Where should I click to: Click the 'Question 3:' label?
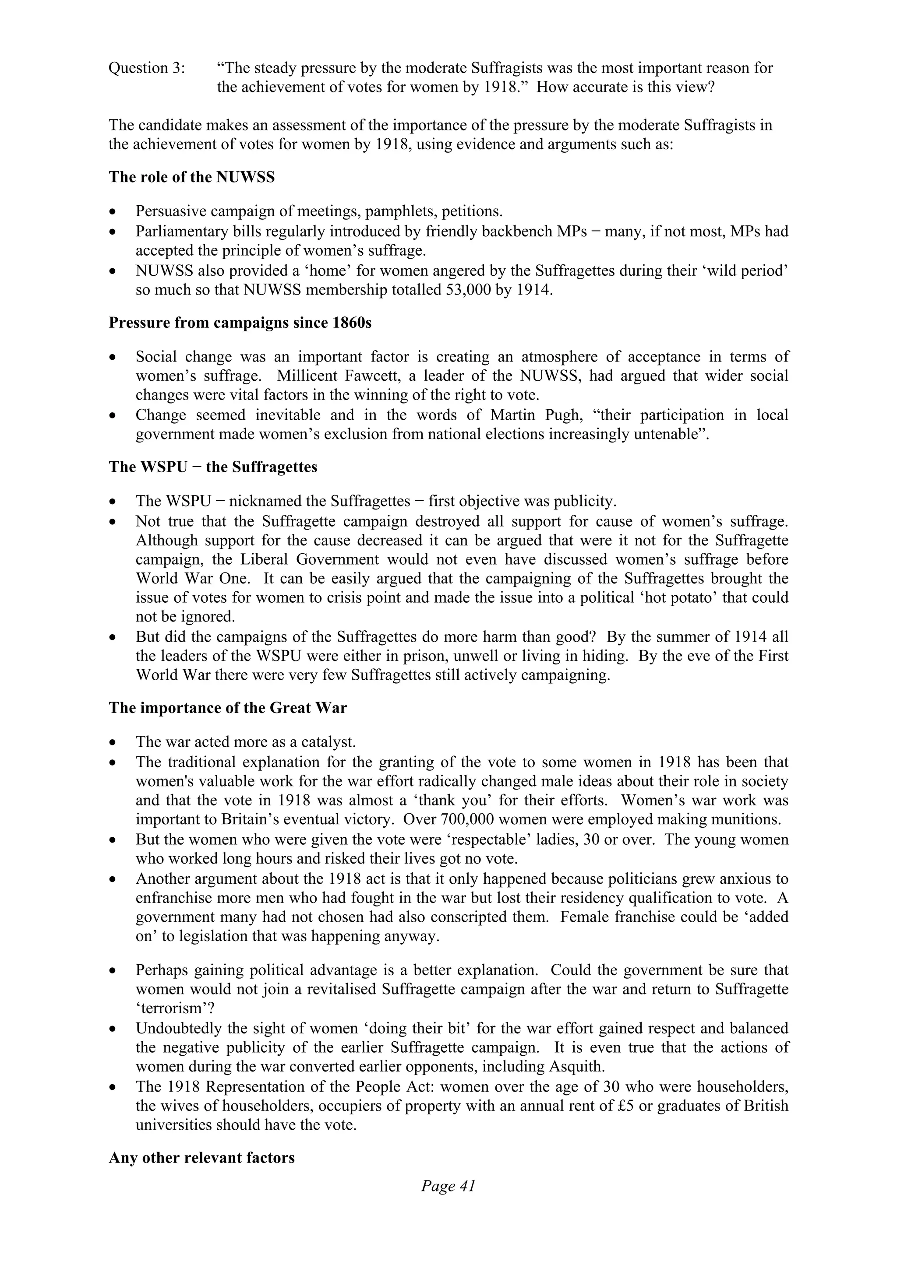coord(146,68)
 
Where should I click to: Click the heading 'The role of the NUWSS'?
coord(192,177)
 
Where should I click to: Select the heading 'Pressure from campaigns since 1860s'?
coord(240,323)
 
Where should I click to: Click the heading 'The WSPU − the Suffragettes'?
coord(213,467)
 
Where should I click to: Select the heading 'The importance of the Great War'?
coord(228,708)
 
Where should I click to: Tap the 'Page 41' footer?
coord(448,1186)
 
